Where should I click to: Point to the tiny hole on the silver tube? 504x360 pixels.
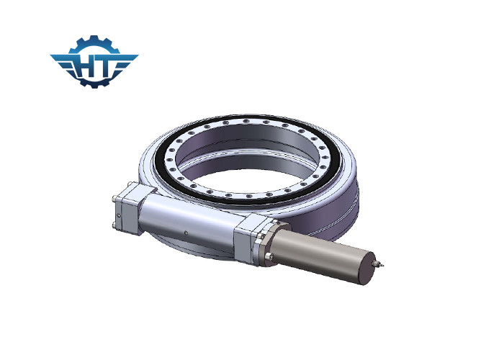coord(186,233)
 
